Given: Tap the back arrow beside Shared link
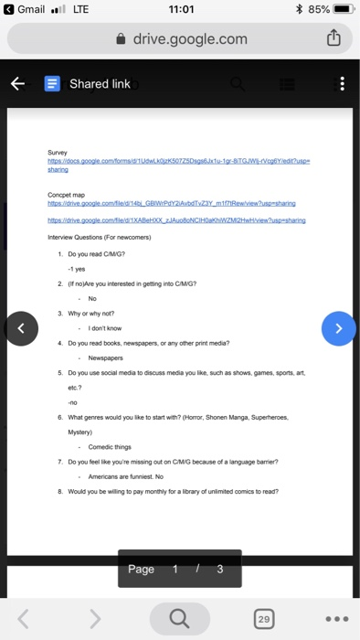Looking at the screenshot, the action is (17, 84).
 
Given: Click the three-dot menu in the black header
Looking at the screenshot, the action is (342, 84).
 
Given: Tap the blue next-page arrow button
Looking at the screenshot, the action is (339, 327).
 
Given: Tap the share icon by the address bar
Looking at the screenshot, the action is (334, 38).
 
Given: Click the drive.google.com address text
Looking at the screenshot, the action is (189, 38).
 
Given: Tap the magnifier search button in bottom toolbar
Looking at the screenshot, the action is (179, 619).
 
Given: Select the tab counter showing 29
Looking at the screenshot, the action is (264, 619).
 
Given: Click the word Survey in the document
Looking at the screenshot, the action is (57, 153).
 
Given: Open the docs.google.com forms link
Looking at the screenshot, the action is (174, 160).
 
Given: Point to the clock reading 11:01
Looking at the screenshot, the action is (180, 11).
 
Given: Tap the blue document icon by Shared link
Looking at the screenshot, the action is (52, 84).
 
